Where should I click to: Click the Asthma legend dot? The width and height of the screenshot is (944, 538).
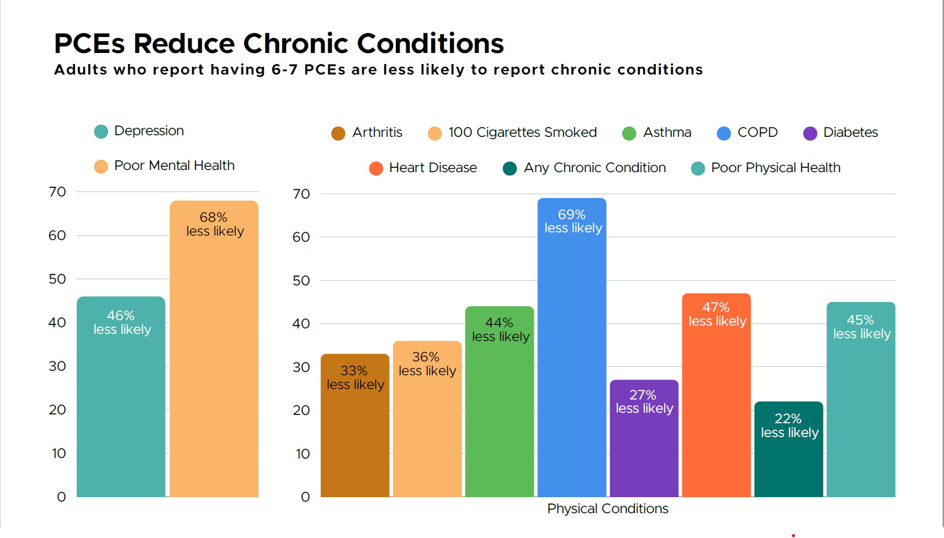point(629,134)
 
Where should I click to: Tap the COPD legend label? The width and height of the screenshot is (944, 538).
point(757,132)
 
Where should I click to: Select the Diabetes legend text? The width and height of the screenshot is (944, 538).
point(850,132)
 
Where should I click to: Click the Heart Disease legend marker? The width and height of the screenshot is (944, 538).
point(376,168)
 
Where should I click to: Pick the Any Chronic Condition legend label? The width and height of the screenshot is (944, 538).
point(595,168)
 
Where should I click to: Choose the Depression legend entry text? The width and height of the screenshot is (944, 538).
point(149,131)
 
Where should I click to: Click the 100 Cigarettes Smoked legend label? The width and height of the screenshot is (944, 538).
point(522,132)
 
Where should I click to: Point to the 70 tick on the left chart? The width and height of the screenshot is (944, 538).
point(57,192)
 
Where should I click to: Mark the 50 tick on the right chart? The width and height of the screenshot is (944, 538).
point(301,280)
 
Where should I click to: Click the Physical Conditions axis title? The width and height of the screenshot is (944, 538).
point(607,509)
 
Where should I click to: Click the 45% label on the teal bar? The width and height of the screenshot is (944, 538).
point(860,320)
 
